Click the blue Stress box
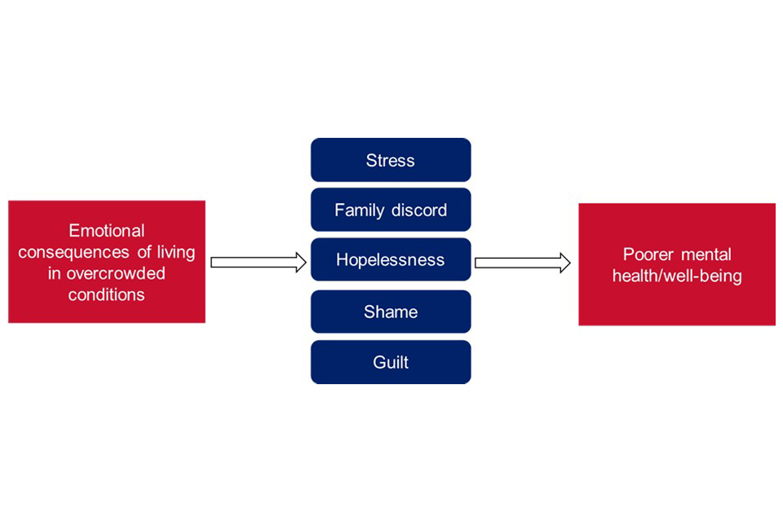tap(391, 160)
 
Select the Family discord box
tap(391, 210)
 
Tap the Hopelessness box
tap(391, 260)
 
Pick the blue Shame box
tap(391, 312)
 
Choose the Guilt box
tap(391, 362)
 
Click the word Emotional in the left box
tap(107, 231)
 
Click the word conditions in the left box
tap(107, 294)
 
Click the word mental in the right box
tap(706, 254)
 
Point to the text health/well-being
tap(677, 276)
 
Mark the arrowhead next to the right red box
tap(565, 263)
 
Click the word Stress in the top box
tap(391, 160)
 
